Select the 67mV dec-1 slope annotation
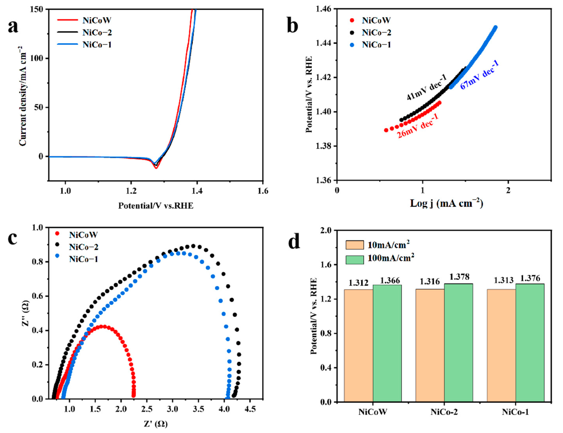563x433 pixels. pyautogui.click(x=479, y=75)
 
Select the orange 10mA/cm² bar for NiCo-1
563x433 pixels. pyautogui.click(x=501, y=345)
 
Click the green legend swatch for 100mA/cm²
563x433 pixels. pyautogui.click(x=354, y=260)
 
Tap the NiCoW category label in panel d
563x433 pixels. pyautogui.click(x=372, y=412)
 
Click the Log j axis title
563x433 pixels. pyautogui.click(x=446, y=204)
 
